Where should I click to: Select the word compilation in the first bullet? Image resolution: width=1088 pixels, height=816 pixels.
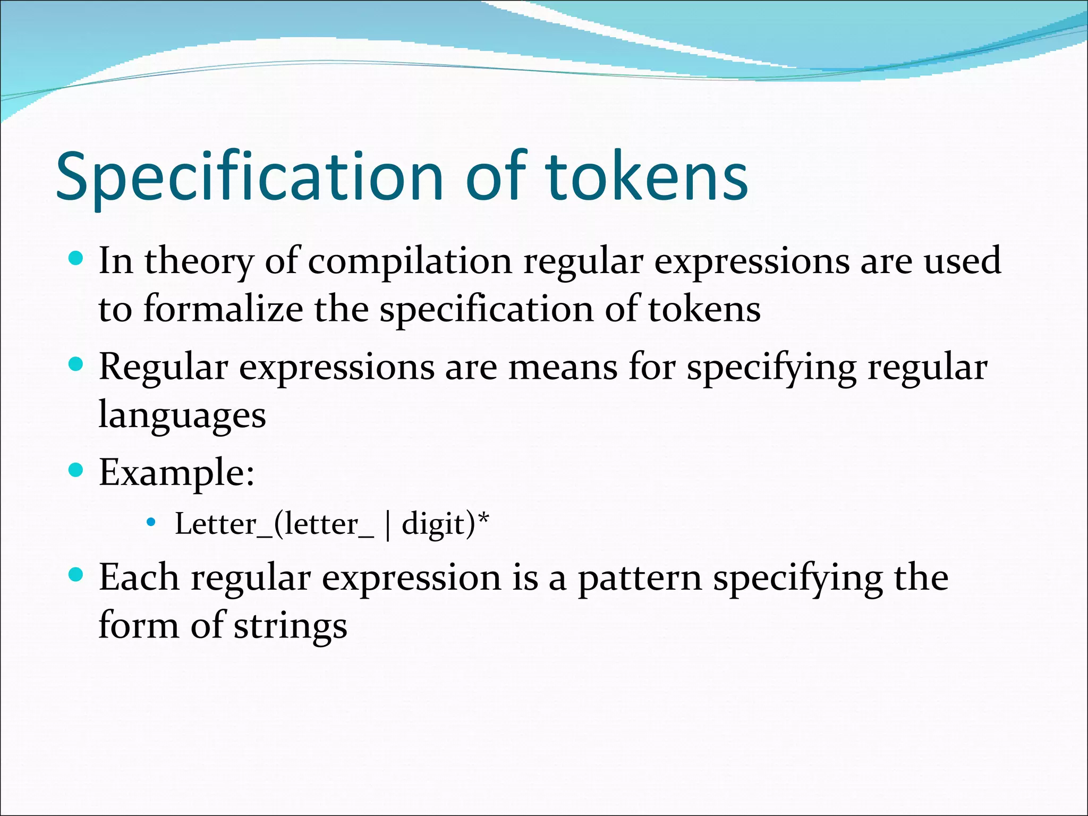click(x=410, y=262)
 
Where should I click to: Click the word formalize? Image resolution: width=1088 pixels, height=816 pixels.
click(x=223, y=309)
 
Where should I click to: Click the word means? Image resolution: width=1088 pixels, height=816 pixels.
click(x=563, y=368)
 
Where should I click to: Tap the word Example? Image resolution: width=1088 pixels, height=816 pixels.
click(x=176, y=473)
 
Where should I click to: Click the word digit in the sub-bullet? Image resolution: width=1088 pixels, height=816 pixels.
click(x=433, y=525)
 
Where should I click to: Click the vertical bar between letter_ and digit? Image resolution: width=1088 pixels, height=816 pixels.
click(x=388, y=525)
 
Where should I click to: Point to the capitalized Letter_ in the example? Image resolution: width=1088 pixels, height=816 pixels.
click(x=223, y=525)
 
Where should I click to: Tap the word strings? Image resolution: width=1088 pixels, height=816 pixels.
click(x=291, y=626)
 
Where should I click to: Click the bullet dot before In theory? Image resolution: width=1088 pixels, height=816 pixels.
click(x=76, y=259)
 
